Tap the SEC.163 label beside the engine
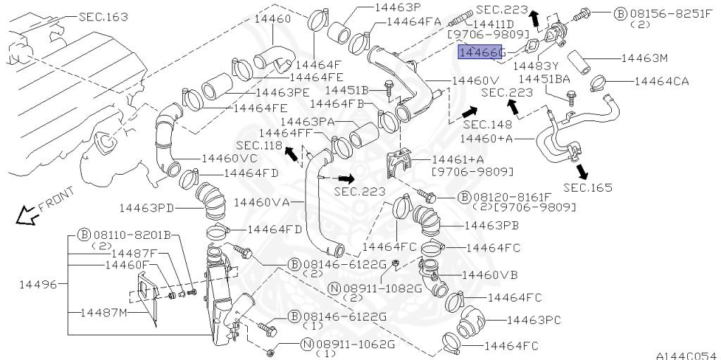(104, 17)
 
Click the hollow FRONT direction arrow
(27, 216)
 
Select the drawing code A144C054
(688, 355)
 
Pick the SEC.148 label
(487, 124)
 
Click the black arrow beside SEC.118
(292, 154)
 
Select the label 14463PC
(534, 319)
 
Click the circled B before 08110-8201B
(84, 235)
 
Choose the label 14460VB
(490, 275)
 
